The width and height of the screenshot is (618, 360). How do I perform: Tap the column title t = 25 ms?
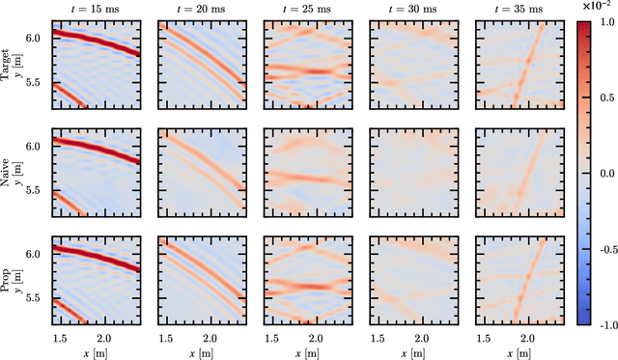tap(302, 8)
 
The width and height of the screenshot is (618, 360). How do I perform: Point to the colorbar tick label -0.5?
tap(600, 248)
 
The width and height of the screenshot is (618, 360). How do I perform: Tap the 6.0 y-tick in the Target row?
tap(35, 38)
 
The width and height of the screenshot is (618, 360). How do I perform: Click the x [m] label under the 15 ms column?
tap(92, 352)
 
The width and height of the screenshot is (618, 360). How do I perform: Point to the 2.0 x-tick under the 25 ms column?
tap(311, 338)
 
